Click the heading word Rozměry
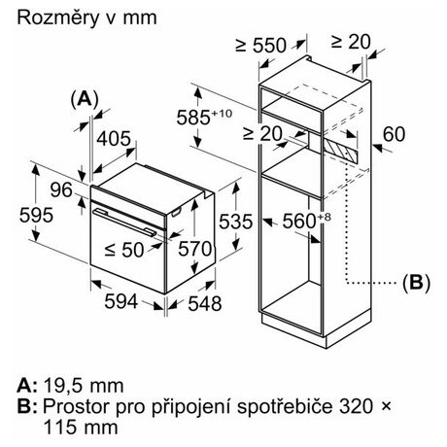pos(57,17)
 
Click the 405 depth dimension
pos(114,139)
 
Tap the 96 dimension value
pos(61,189)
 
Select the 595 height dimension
pos(36,216)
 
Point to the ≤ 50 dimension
pos(124,250)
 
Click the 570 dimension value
pos(195,249)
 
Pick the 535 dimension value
pos(235,222)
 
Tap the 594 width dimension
pos(121,301)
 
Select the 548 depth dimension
pos(205,303)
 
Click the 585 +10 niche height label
pos(204,117)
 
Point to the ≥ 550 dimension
pos(261,46)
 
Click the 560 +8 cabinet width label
pos(307,221)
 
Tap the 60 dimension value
pos(394,134)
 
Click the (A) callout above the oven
pos(85,99)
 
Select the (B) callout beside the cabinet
pos(416,283)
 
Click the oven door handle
pos(124,223)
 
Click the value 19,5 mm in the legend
pos(84,386)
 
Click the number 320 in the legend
pos(356,406)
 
